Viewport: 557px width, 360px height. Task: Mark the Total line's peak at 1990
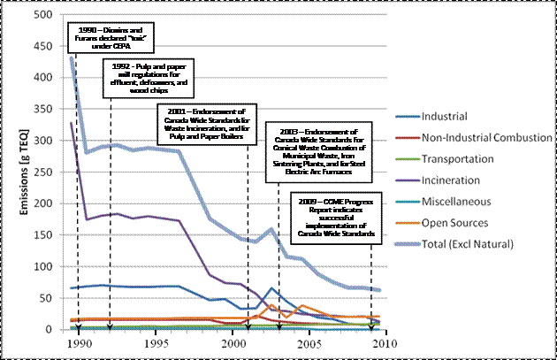point(72,58)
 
